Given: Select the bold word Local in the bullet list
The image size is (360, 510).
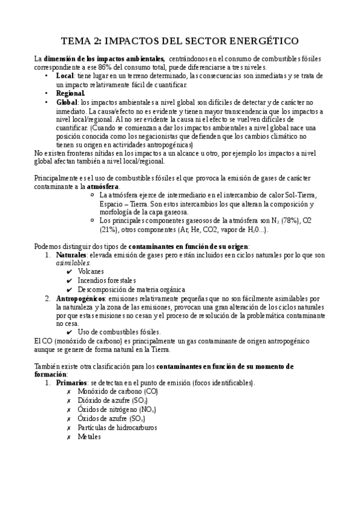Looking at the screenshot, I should pos(64,77).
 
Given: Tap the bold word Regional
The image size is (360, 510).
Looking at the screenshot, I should pos(70,94).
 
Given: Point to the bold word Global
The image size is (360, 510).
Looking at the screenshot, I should pos(67,103).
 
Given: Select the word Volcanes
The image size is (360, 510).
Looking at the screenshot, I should pos(91,271).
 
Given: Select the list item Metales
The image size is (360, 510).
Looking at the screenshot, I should pos(90,437).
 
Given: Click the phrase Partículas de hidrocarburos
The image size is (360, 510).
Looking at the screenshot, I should pos(117,428).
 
